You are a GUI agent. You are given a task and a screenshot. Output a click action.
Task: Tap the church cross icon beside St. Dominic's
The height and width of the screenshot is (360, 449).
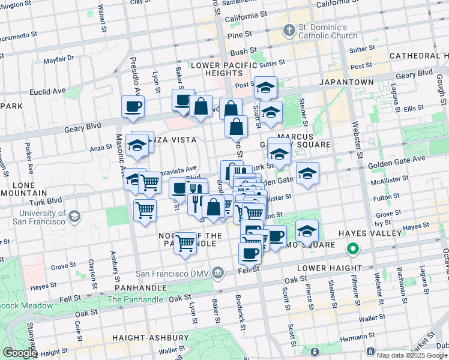tap(289, 29)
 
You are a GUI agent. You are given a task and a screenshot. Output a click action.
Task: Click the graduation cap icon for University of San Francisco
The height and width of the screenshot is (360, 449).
tap(74, 215)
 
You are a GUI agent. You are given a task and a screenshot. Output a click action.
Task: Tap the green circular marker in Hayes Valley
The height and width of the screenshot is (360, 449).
tap(354, 248)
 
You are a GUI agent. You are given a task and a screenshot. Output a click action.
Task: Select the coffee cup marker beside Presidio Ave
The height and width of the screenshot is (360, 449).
tap(133, 107)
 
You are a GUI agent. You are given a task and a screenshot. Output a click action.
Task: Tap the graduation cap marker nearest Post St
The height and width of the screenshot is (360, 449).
tap(265, 88)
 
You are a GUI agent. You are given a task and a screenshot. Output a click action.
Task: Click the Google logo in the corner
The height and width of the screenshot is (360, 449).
tap(19, 353)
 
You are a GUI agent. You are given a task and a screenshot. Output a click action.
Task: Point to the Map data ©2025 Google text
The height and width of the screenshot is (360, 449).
tap(412, 355)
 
